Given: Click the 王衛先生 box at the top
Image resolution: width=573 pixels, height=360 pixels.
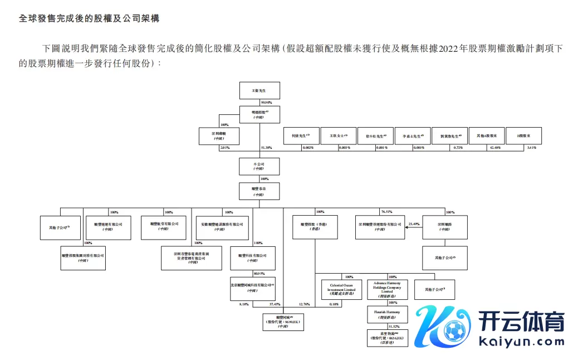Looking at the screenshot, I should (x=259, y=91).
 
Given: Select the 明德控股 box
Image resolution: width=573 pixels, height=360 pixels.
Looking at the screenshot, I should (x=259, y=115).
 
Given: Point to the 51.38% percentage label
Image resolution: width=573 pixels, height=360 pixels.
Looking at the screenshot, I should (x=267, y=148).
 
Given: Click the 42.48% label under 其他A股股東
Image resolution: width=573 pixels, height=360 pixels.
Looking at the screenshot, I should (x=494, y=148).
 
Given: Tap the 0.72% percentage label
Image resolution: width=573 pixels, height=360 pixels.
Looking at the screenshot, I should (x=458, y=148).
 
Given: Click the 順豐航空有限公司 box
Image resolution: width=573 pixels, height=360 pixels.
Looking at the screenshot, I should (x=164, y=226).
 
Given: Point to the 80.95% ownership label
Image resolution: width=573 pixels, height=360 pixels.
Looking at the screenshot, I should (x=259, y=274).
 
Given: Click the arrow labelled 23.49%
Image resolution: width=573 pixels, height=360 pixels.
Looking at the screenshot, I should (x=413, y=223).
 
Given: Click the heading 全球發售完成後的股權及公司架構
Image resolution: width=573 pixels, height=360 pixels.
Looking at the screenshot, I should (x=90, y=18).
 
